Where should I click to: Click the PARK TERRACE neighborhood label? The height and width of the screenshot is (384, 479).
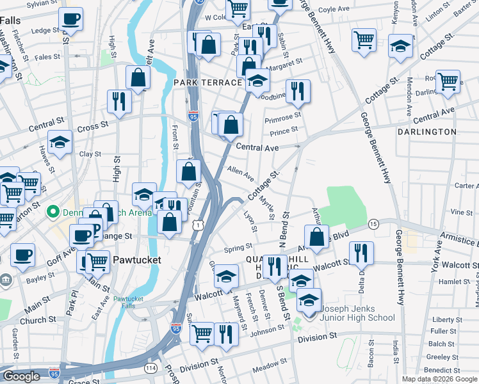207,83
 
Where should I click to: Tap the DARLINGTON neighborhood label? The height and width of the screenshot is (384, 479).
426,132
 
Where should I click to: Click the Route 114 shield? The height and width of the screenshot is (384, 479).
151,368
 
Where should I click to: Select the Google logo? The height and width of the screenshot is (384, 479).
21,376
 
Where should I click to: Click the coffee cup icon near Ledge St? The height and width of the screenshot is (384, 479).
70,19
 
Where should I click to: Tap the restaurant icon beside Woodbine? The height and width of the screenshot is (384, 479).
298,92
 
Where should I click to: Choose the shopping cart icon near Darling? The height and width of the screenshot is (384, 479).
448,81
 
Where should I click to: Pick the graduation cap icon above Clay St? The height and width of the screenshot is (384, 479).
60,142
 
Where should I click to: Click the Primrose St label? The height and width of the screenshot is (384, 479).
284,116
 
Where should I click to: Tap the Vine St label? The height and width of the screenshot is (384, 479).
461,212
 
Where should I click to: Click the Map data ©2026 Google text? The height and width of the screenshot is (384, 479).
440,379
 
